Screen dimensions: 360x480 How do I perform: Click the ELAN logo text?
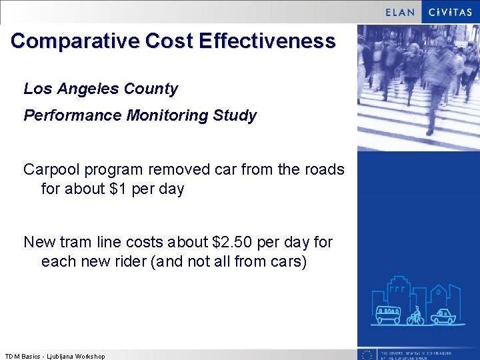click(400, 12)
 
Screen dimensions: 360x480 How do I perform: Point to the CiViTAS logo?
click(451, 12)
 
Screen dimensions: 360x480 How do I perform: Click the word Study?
click(235, 116)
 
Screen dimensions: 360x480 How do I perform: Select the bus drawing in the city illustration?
click(388, 314)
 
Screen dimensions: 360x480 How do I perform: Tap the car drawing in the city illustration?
click(442, 316)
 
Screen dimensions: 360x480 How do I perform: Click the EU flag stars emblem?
click(366, 355)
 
